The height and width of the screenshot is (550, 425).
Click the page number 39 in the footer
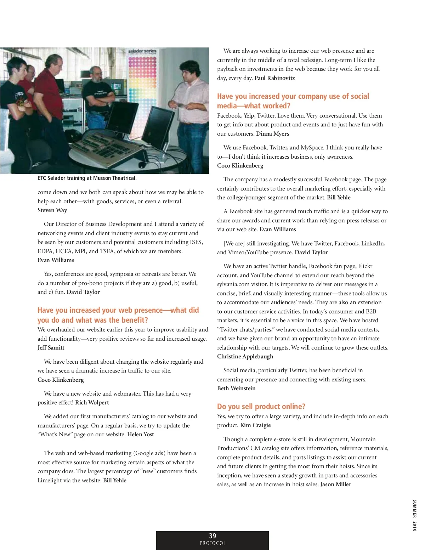coord(212,536)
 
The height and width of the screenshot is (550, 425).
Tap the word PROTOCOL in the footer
coord(212,543)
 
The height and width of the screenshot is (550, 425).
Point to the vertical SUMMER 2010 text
coord(414,515)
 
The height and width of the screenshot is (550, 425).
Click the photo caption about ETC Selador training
coord(87,178)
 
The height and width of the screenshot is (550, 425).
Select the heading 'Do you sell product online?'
coord(261,406)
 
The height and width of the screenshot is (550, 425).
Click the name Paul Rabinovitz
coord(274,78)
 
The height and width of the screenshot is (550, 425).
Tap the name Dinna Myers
coord(272,134)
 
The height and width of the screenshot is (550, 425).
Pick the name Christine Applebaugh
coord(245,356)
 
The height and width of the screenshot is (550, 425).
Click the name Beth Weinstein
coord(236,388)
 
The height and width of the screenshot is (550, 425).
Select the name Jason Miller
coord(336,484)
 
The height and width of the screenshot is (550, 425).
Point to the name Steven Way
coord(52,210)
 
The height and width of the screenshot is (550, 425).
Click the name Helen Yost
coord(141,434)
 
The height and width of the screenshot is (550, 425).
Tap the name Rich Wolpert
coord(92,402)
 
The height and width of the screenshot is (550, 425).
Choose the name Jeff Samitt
coord(51,347)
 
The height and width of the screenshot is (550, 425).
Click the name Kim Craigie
coord(255,425)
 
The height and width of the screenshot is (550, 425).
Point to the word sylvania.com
coord(233,284)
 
